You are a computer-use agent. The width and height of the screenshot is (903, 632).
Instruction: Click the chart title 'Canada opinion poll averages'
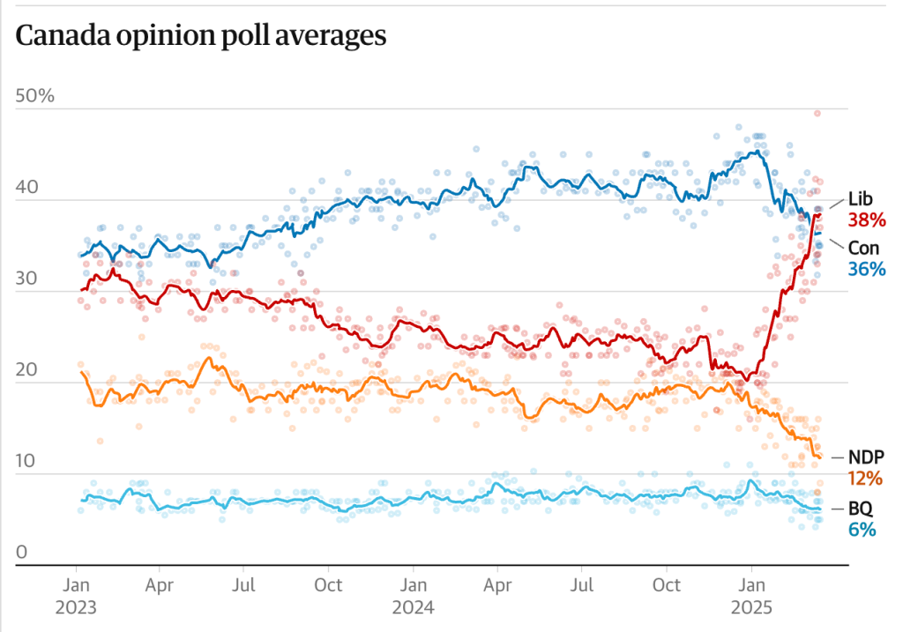click(201, 36)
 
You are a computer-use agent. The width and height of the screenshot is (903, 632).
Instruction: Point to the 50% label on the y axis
click(35, 95)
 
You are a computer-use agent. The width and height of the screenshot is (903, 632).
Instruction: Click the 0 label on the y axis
click(23, 552)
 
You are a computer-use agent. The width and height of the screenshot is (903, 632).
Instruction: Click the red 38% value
click(867, 219)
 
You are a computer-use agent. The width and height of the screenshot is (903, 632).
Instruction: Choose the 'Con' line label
click(863, 248)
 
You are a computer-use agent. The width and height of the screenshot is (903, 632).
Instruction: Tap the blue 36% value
click(867, 269)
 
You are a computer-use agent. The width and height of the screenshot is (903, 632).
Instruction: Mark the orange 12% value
click(866, 478)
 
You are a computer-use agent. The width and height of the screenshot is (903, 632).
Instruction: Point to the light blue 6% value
click(862, 530)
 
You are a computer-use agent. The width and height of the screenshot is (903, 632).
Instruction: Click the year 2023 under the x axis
click(76, 608)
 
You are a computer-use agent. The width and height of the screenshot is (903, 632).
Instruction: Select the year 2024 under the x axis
click(414, 608)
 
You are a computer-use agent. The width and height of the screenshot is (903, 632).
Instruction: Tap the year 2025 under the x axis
click(751, 608)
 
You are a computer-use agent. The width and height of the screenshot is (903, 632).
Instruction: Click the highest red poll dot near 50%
click(818, 113)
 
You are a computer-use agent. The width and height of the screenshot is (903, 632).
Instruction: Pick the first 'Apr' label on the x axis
click(159, 585)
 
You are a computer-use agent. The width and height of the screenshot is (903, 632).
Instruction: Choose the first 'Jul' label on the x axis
click(244, 585)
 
